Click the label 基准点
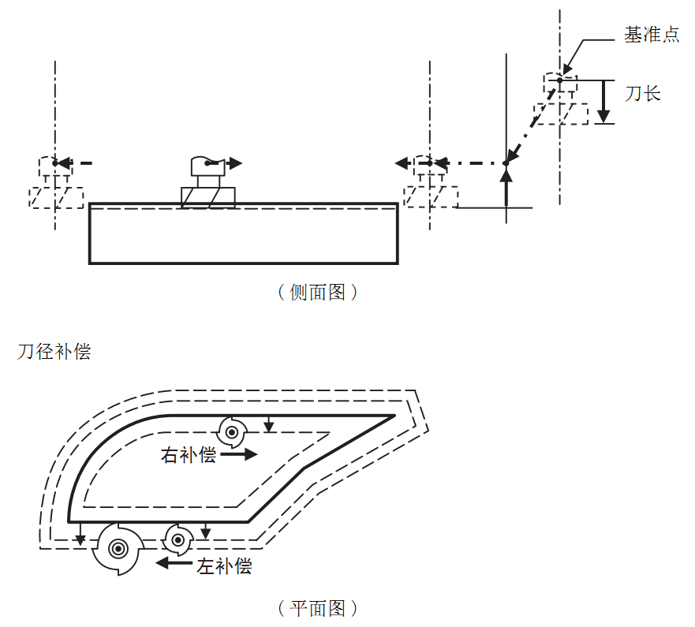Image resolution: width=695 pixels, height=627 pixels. coord(651,35)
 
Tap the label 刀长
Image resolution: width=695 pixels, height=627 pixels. coord(642,94)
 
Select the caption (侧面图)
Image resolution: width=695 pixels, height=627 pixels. coord(318,293)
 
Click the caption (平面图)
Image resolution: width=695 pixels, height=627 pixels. coord(318,608)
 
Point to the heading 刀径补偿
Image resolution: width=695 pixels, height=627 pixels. coord(54,352)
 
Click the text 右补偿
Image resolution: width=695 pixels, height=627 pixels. coord(188,455)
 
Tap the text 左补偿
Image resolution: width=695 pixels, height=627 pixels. coord(224,565)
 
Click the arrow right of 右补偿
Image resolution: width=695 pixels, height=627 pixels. coord(240,454)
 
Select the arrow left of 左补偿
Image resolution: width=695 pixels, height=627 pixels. coord(174,562)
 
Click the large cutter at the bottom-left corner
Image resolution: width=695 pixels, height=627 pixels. coord(117,547)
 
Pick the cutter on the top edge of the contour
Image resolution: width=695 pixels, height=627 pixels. coord(231,431)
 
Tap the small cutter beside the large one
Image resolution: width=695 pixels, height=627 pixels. coord(179,540)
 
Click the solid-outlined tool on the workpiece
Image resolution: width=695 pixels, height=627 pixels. coord(207,182)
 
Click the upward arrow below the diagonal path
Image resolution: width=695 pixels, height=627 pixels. coord(506,185)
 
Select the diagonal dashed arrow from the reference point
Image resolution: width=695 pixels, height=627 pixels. coord(532,121)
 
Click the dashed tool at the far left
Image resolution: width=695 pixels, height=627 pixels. coord(55,185)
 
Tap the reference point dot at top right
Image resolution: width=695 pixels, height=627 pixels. coord(559,80)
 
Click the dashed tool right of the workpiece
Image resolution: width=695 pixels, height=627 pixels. coord(430,185)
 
